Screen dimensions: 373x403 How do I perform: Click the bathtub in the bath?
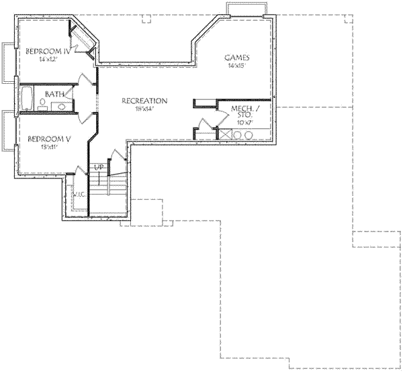pyautogui.click(x=28, y=99)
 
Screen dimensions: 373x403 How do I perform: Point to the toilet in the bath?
pyautogui.click(x=42, y=105)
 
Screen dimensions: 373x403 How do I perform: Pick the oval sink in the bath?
pyautogui.click(x=61, y=105)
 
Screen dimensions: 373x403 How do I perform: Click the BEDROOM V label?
pyautogui.click(x=48, y=139)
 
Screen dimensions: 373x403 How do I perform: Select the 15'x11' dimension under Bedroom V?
pyautogui.click(x=48, y=148)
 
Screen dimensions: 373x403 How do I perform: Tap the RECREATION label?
pyautogui.click(x=144, y=101)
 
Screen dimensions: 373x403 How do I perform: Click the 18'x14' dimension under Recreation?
pyautogui.click(x=144, y=109)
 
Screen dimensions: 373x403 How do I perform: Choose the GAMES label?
pyautogui.click(x=238, y=58)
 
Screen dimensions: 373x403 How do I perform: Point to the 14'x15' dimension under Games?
pyautogui.click(x=238, y=66)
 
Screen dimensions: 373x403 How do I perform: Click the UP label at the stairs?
pyautogui.click(x=99, y=166)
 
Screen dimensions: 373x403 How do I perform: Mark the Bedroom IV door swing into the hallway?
pyautogui.click(x=86, y=78)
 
